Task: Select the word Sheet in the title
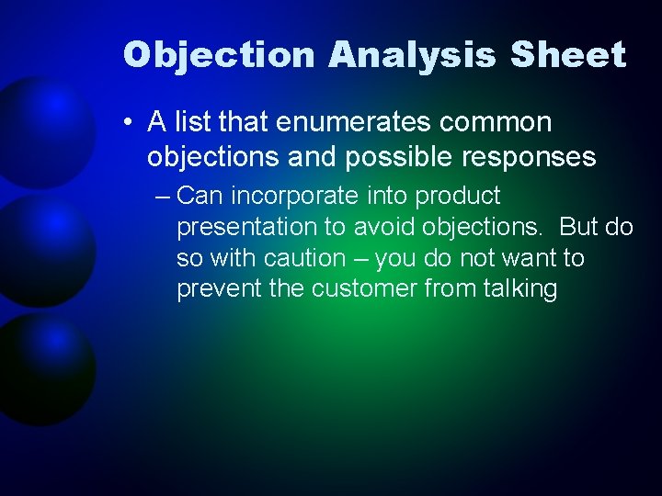pyautogui.click(x=568, y=55)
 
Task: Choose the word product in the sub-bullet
pyautogui.click(x=457, y=196)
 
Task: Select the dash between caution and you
pyautogui.click(x=360, y=258)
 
